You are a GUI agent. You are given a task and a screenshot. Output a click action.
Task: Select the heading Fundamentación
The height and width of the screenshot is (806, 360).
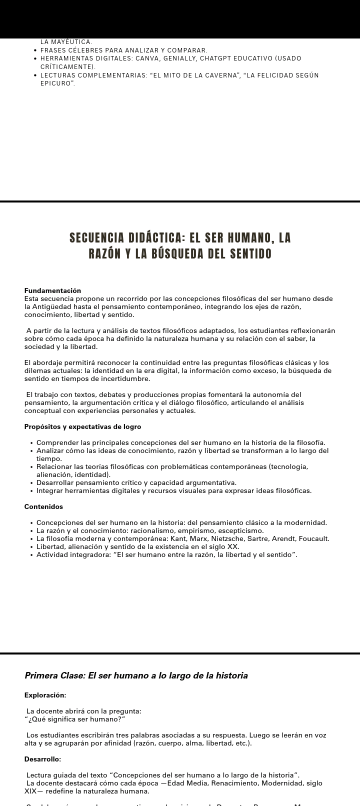coord(52,290)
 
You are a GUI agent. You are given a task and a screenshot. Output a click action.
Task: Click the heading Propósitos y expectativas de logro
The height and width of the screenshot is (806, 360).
coord(82,426)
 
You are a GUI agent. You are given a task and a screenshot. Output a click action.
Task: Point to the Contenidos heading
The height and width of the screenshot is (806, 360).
coord(43,506)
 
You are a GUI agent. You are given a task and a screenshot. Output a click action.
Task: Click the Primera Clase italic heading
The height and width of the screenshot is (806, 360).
coord(136,675)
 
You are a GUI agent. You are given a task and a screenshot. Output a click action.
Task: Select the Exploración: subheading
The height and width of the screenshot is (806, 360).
coord(45,695)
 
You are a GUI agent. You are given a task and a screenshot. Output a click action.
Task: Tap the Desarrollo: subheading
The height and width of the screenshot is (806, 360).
coord(42,759)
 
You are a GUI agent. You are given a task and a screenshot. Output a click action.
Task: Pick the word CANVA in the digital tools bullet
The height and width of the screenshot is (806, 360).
coord(145,58)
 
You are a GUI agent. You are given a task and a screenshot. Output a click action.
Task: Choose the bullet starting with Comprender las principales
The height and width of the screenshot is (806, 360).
coord(180,442)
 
